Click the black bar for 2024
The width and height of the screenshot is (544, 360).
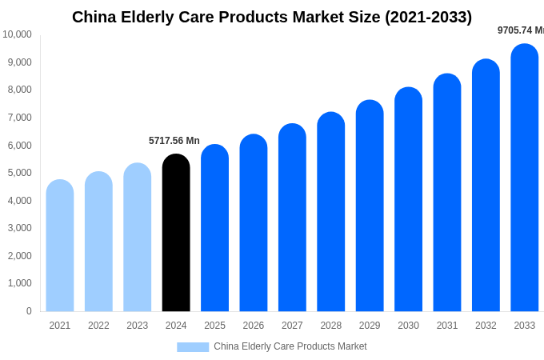pyautogui.click(x=176, y=233)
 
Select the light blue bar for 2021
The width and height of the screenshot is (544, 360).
pyautogui.click(x=60, y=246)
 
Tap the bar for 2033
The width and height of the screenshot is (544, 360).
pyautogui.click(x=525, y=178)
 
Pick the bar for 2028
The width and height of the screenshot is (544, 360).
pyautogui.click(x=331, y=212)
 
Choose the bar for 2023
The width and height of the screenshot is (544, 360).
pyautogui.click(x=138, y=238)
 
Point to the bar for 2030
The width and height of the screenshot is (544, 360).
pyautogui.click(x=408, y=199)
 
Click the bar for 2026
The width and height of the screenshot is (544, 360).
pyautogui.click(x=254, y=223)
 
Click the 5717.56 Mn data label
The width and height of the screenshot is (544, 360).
pyautogui.click(x=174, y=141)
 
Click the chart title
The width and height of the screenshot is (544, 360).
pyautogui.click(x=272, y=17)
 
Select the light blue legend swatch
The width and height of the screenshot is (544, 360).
pyautogui.click(x=193, y=347)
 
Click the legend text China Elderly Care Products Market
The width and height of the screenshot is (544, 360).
pyautogui.click(x=290, y=346)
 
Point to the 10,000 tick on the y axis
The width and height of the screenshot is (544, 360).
pyautogui.click(x=17, y=34)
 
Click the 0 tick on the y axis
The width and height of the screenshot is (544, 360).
pyautogui.click(x=29, y=311)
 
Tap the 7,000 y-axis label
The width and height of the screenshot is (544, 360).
pyautogui.click(x=19, y=118)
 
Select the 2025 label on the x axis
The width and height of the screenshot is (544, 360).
pyautogui.click(x=214, y=326)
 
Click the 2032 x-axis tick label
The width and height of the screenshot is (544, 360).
pyautogui.click(x=486, y=326)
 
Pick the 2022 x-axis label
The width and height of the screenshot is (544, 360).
pyautogui.click(x=98, y=326)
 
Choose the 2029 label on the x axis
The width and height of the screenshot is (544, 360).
pyautogui.click(x=370, y=326)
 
